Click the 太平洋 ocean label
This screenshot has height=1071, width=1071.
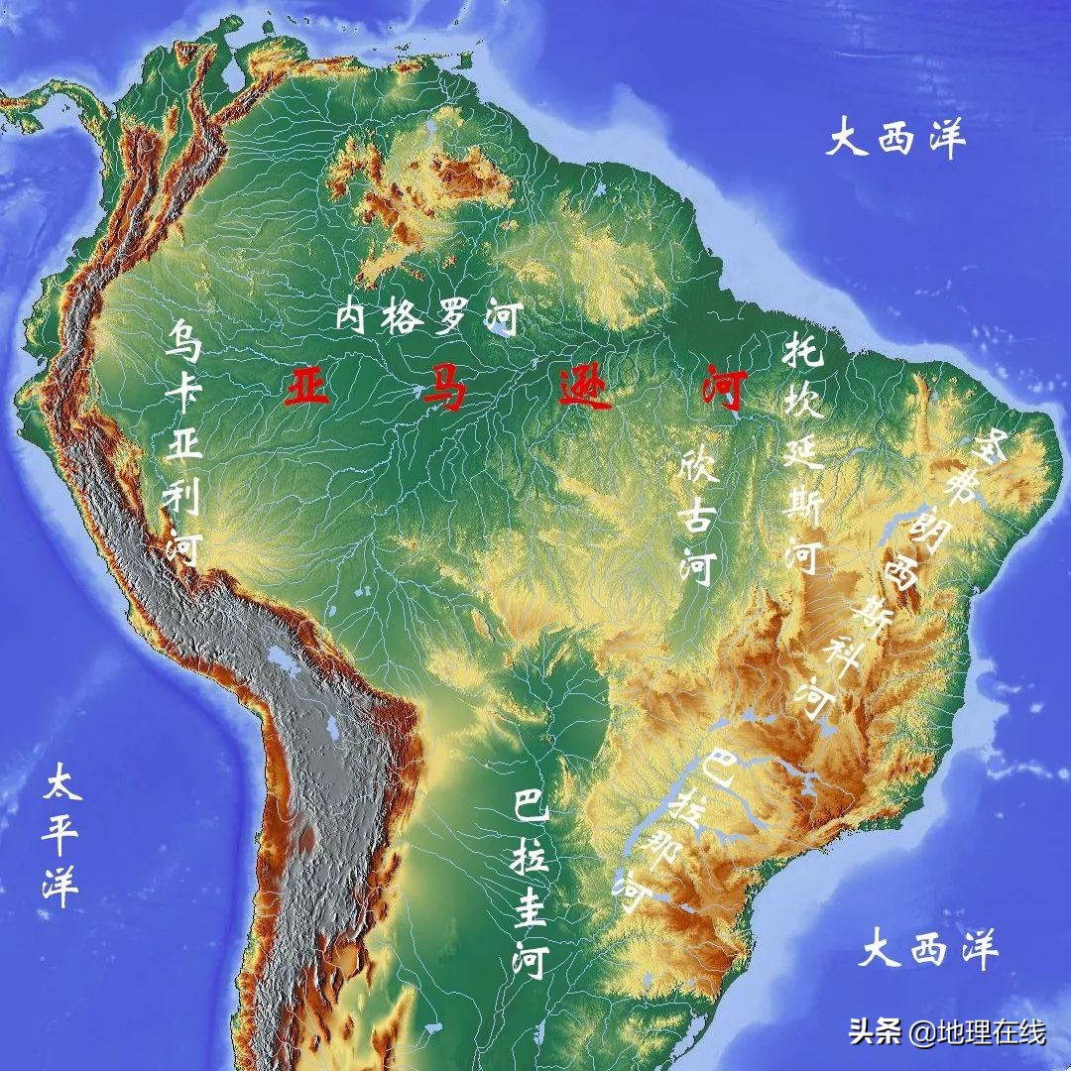[x=61, y=834]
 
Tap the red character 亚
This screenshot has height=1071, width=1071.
[x=306, y=387]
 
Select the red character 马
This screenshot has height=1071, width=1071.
[x=444, y=387]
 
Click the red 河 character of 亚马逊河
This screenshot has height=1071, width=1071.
[x=719, y=387]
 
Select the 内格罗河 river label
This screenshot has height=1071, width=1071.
[x=428, y=318]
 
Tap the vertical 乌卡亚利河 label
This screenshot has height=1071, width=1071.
[x=184, y=442]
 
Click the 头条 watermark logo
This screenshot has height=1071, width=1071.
[x=872, y=1032]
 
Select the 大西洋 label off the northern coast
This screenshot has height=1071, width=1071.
[x=895, y=139]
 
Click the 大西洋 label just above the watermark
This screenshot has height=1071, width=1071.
[x=927, y=951]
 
